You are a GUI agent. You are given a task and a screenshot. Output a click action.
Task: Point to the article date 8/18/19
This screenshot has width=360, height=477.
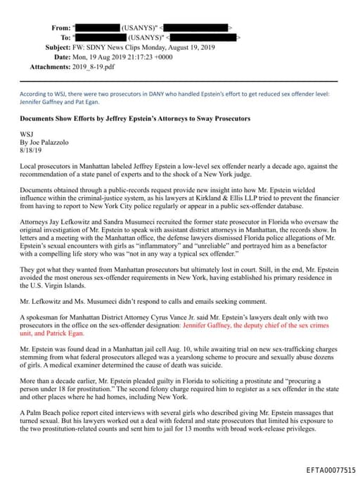point(33,150)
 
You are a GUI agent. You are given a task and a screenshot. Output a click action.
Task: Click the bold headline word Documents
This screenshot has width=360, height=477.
point(40,119)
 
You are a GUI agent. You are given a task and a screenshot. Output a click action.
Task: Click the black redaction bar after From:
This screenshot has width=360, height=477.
point(98,27)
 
